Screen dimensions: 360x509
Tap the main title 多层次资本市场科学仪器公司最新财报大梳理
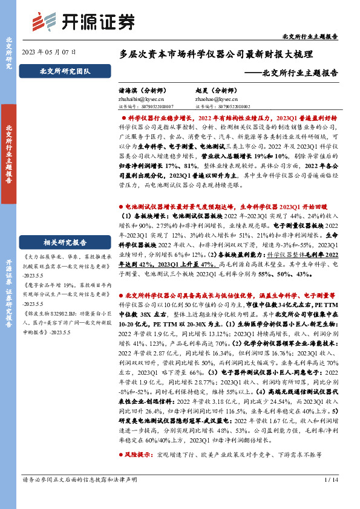(216, 54)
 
